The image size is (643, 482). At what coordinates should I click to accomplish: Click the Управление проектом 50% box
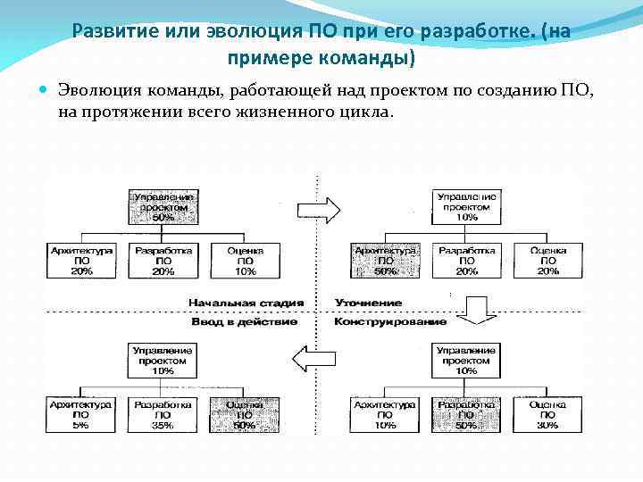163,206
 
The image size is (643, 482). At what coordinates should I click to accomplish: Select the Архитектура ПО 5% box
81,415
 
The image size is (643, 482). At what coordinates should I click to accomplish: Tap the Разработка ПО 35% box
163,415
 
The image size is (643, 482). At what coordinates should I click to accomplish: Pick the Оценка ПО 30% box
547,415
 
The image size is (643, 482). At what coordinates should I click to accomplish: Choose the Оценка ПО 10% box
245,261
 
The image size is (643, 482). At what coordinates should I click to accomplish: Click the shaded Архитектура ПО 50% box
385,261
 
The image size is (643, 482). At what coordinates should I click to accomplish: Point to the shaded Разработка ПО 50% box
466,415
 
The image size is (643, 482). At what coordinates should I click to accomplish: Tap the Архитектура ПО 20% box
81,261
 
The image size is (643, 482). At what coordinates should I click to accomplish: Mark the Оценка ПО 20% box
547,261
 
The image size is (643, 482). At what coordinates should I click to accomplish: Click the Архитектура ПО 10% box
385,415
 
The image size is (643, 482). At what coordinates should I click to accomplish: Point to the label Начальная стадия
246,303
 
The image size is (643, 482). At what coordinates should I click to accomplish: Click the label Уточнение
368,303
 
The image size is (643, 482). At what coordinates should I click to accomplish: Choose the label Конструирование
390,321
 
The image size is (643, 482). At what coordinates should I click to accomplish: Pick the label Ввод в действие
244,321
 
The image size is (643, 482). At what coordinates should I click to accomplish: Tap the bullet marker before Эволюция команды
45,90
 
